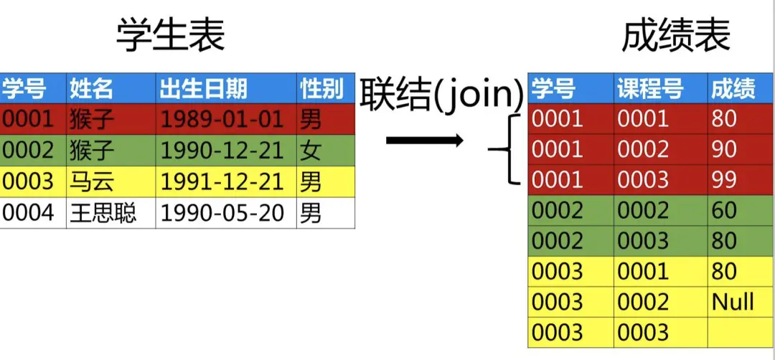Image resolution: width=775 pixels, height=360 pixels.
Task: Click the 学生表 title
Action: click(x=171, y=34)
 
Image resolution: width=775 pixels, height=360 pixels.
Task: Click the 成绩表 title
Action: click(x=675, y=34)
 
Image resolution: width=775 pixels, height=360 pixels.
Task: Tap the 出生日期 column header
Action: click(x=203, y=88)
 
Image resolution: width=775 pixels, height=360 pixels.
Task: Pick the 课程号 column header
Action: click(x=649, y=89)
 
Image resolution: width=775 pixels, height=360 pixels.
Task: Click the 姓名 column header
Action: click(x=92, y=88)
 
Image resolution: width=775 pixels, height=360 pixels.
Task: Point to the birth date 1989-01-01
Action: click(x=221, y=118)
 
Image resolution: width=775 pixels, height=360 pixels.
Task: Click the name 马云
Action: click(x=92, y=181)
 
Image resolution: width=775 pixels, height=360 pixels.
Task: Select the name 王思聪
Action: click(x=103, y=213)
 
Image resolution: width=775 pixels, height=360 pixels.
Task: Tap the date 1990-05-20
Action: click(x=221, y=213)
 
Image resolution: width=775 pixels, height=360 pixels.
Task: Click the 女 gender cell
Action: click(x=311, y=150)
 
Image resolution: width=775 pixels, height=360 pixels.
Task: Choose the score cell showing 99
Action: click(x=724, y=179)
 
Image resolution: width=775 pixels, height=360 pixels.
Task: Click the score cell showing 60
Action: click(x=724, y=210)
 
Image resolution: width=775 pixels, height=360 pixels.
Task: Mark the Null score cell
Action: click(x=732, y=301)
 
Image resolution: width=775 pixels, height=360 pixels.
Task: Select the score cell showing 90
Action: click(x=724, y=148)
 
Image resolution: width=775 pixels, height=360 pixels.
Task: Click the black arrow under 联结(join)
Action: click(x=424, y=140)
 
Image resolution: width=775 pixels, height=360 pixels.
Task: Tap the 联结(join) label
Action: click(x=441, y=95)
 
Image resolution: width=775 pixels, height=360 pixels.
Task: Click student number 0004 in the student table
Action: click(x=28, y=213)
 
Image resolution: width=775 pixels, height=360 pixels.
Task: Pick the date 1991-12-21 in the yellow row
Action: click(x=221, y=181)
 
